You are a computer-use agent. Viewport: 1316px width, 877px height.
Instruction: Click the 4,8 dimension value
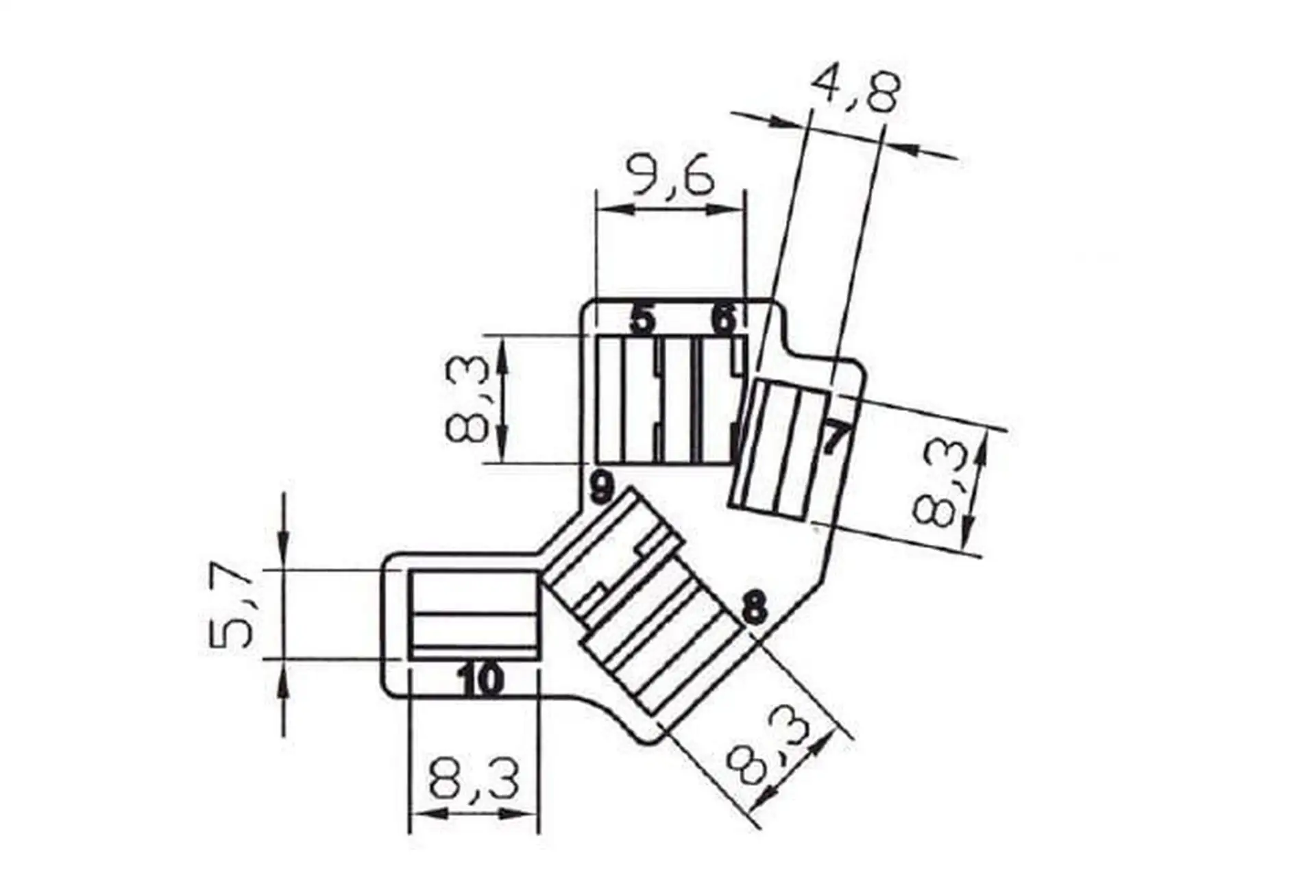click(854, 88)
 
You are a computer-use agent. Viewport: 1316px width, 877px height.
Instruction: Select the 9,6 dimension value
click(672, 175)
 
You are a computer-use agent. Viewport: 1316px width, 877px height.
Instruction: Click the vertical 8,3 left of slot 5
click(467, 400)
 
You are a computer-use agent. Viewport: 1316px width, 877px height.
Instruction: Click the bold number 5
click(642, 319)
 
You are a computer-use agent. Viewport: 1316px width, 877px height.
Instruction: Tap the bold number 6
click(724, 319)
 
